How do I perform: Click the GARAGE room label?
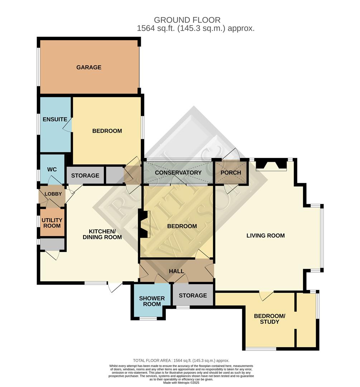point(88,67)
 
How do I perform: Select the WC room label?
point(52,169)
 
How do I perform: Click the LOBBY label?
point(53,194)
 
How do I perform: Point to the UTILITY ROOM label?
point(52,223)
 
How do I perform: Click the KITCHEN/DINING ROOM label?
point(102,234)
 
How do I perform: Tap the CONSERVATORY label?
point(178,173)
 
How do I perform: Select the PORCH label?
point(231,173)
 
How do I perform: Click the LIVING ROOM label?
point(265,235)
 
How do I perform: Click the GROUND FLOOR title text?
point(187,20)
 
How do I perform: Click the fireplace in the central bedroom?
point(144,224)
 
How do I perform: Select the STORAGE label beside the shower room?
point(193,295)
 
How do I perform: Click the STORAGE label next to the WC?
point(85,176)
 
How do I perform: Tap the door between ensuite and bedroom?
point(68,125)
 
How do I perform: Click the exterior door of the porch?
point(231,154)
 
